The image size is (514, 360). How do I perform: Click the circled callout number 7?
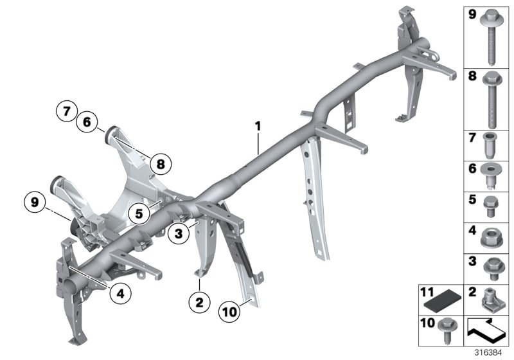66,111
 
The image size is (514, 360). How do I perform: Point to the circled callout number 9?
35,203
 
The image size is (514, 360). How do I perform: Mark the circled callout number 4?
120,293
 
